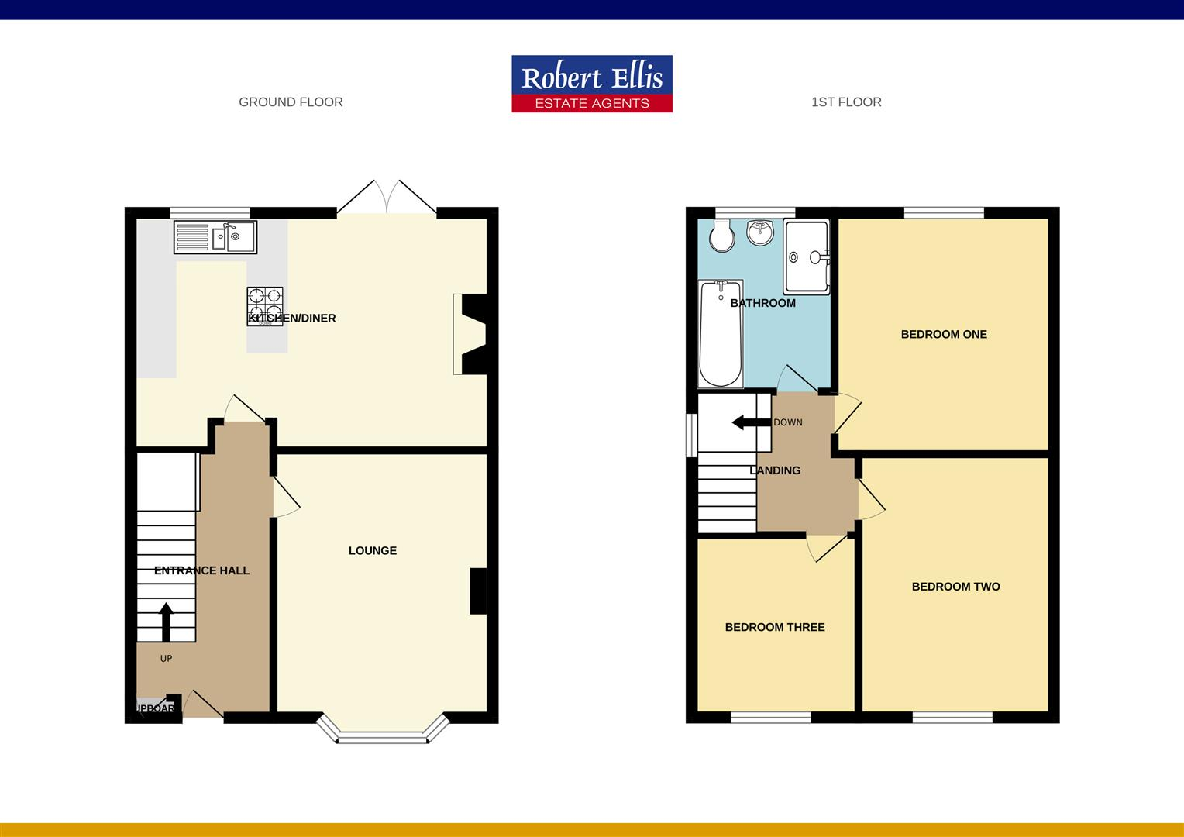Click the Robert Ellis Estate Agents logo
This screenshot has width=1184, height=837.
click(x=592, y=84)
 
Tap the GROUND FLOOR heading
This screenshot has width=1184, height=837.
click(x=291, y=102)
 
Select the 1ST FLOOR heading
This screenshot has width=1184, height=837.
click(x=846, y=102)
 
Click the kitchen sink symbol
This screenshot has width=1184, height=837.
click(x=215, y=237)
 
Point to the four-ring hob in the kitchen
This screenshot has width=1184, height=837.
click(x=265, y=305)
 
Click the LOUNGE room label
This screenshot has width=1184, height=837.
click(x=373, y=550)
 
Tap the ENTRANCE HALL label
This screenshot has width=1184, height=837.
click(x=201, y=570)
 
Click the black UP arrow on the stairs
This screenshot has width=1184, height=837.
click(x=166, y=622)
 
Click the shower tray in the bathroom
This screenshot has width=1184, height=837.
click(x=807, y=257)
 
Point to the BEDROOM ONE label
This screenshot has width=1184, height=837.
click(x=944, y=335)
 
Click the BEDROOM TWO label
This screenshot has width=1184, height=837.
click(x=955, y=587)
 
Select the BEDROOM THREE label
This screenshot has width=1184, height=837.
click(x=775, y=627)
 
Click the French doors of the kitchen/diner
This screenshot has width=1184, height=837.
click(x=386, y=198)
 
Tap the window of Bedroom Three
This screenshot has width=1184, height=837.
click(x=771, y=718)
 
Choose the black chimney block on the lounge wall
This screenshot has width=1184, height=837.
click(x=479, y=591)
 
